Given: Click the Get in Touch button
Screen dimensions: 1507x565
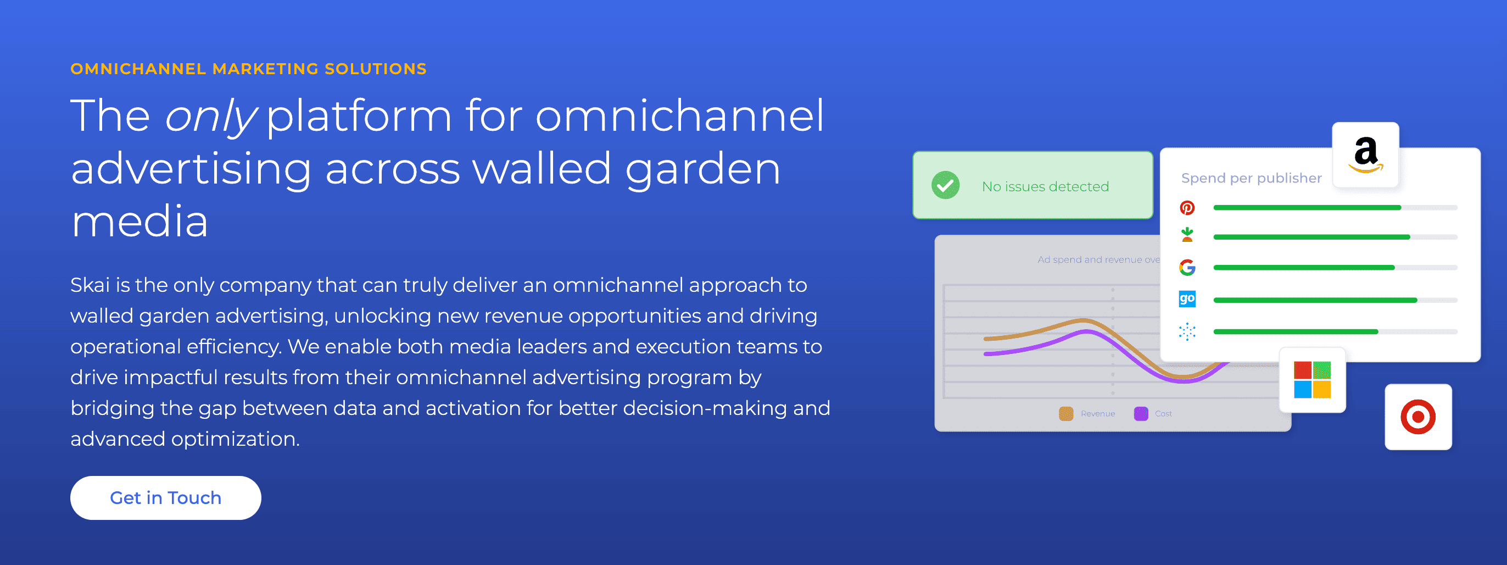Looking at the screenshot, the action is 165,497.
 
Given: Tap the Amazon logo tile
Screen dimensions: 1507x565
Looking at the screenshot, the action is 1365,155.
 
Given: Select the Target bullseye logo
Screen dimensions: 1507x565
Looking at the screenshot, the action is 1418,417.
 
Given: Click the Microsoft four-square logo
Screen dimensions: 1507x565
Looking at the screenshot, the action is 1312,380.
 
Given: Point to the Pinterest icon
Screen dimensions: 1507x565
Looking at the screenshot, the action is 1187,208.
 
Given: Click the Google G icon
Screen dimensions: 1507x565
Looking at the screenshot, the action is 1187,268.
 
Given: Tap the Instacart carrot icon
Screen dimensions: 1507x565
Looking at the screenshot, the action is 1187,235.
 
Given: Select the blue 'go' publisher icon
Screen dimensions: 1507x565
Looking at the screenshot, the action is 1187,299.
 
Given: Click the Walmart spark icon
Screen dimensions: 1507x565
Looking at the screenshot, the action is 1187,331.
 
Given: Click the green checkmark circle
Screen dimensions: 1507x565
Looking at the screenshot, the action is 945,185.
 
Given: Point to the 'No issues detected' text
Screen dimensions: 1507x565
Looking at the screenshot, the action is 1046,186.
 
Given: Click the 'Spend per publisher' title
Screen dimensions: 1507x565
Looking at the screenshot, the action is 1251,178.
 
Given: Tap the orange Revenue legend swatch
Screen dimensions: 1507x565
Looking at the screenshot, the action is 1066,413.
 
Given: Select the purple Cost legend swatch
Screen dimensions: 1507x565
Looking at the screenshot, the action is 1141,413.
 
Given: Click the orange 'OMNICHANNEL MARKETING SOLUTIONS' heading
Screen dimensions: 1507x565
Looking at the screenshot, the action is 249,69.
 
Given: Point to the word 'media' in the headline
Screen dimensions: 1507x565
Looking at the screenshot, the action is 140,222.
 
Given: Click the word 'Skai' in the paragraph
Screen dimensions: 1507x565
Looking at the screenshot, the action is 90,285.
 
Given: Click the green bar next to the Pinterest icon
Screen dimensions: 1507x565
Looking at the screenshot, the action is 1307,208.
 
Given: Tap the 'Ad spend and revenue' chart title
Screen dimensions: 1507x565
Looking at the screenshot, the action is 1098,259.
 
